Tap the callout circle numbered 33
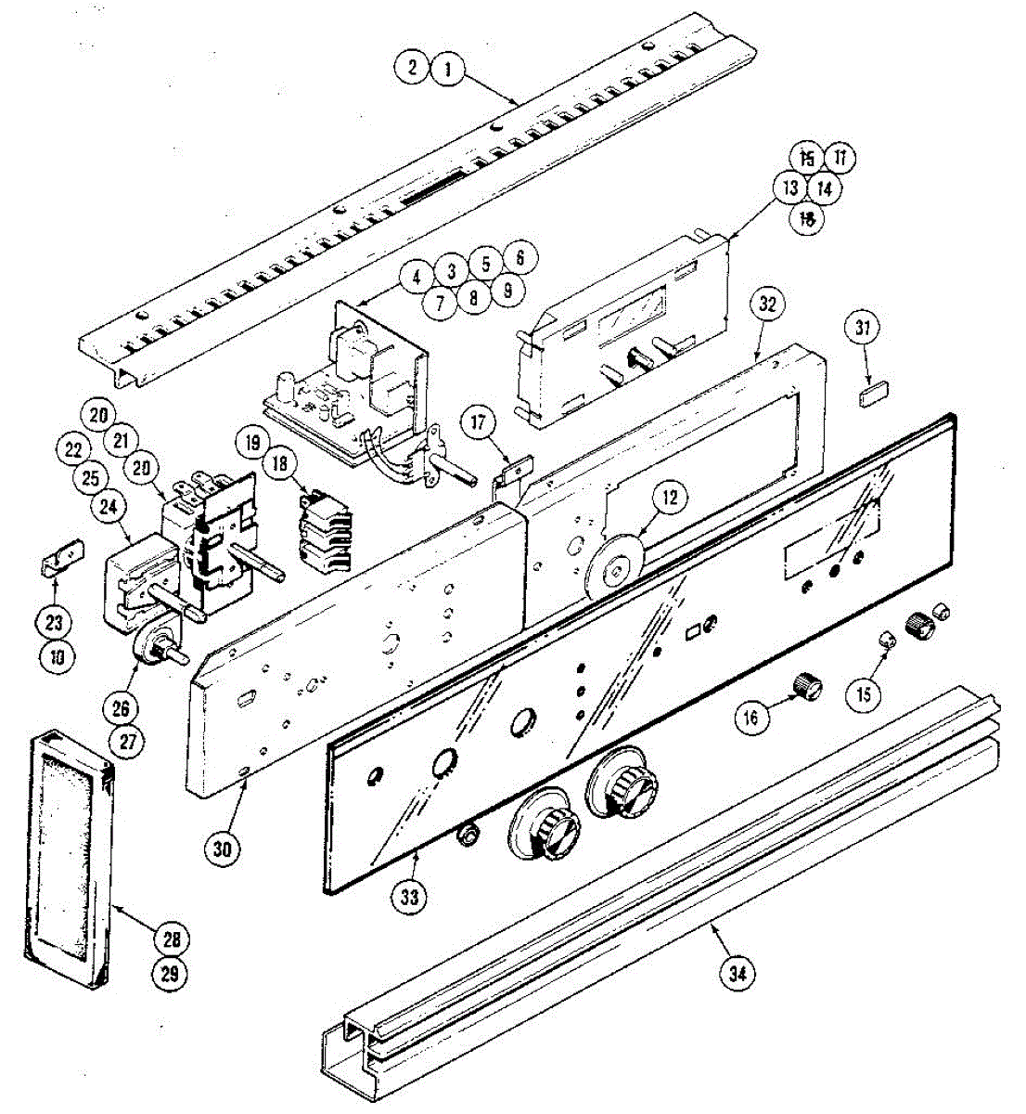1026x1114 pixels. click(x=409, y=897)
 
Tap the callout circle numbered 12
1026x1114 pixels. click(x=669, y=498)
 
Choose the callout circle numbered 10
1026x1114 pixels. click(x=58, y=656)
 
